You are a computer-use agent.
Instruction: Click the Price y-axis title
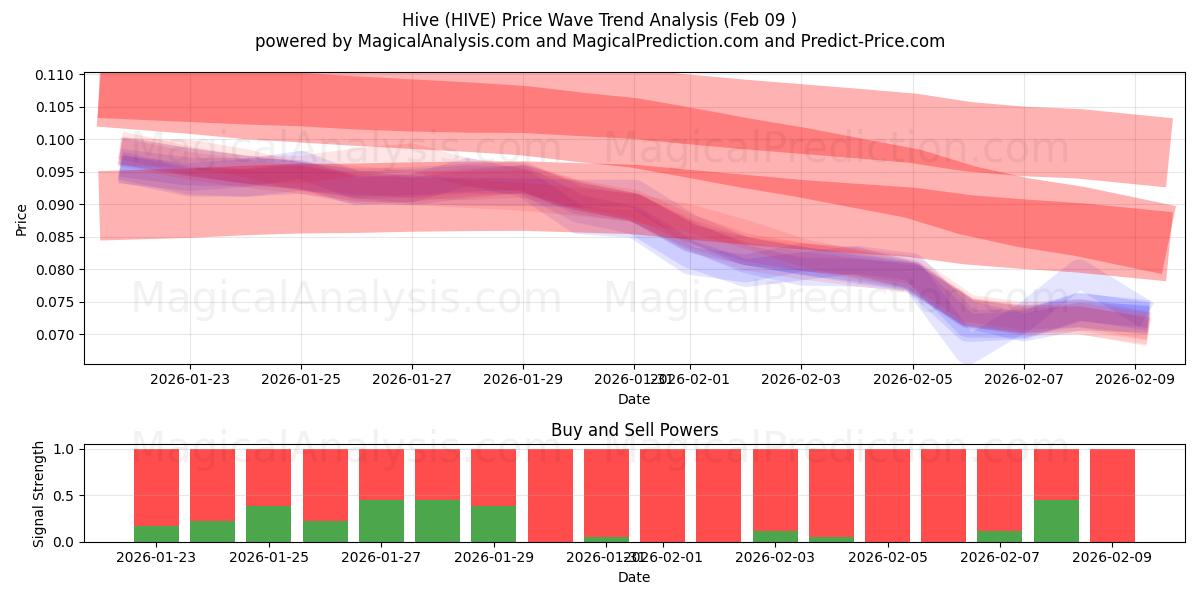point(22,220)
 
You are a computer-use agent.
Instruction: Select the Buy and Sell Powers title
point(634,431)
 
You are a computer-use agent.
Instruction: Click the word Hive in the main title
point(422,20)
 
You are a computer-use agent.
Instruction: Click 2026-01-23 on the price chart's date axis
point(190,379)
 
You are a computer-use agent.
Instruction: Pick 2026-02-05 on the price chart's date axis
point(912,379)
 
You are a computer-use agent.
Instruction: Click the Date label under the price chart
point(634,399)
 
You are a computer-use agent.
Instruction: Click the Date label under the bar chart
point(634,577)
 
